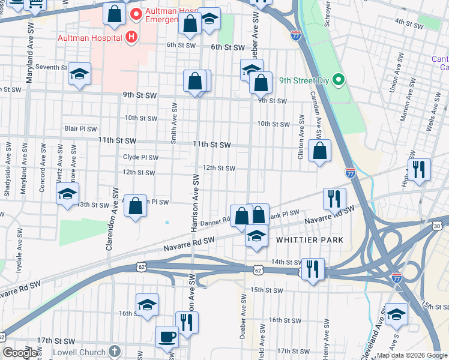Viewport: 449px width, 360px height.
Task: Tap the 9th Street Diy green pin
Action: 339,79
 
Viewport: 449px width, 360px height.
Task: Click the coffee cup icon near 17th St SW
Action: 167,337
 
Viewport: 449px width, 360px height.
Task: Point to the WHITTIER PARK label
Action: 309,240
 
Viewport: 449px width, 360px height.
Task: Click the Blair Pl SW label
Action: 80,129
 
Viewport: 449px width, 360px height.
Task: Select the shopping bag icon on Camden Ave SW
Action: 320,151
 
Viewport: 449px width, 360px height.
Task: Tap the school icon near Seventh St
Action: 79,74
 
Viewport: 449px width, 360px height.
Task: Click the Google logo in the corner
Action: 20,353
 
